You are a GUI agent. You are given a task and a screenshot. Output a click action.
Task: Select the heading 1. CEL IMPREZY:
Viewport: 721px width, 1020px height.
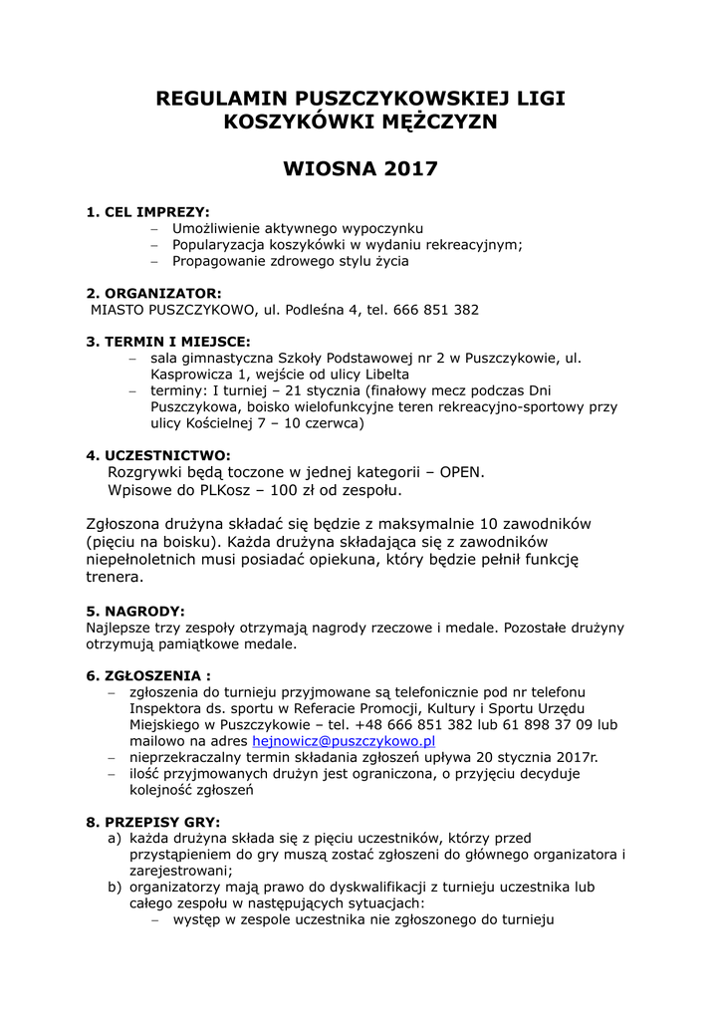148,212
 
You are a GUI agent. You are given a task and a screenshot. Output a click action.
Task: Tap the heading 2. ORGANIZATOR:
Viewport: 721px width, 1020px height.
154,293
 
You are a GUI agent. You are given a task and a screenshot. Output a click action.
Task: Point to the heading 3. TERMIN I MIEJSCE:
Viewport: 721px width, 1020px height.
168,341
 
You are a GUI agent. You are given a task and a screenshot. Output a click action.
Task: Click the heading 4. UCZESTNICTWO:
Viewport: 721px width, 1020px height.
158,455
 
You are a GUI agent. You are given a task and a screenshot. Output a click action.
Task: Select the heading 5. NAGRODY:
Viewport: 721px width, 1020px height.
135,611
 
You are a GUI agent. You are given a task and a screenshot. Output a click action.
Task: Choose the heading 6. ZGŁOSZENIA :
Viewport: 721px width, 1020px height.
148,674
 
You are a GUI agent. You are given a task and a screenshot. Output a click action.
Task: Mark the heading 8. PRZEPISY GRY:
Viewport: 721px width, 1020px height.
153,822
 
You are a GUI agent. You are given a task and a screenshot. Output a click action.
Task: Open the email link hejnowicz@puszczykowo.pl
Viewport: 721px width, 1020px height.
345,741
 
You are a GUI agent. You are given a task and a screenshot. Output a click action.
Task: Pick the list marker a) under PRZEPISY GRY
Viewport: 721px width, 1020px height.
115,839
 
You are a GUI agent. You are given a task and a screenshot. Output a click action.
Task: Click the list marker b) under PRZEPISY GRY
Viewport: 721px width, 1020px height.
115,887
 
